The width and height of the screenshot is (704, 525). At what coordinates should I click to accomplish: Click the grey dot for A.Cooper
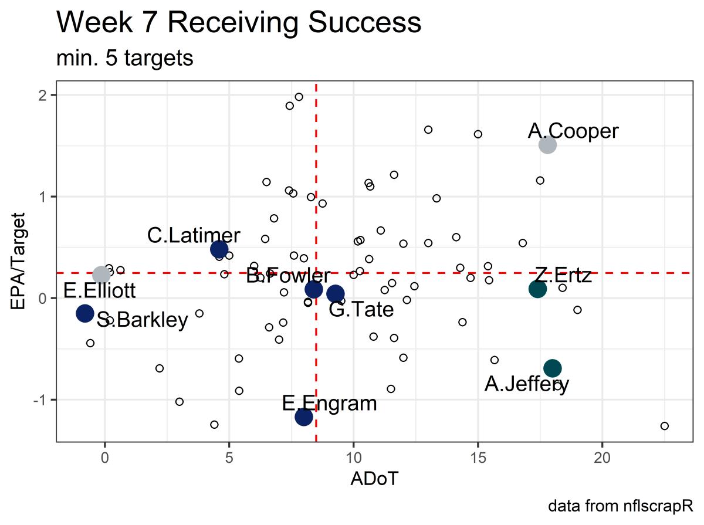tap(547, 144)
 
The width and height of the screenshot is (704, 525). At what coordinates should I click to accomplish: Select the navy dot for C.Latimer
tap(219, 249)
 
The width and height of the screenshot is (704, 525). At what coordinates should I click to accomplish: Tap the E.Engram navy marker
tap(303, 416)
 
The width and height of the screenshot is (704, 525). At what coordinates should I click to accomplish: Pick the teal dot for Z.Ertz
tap(537, 289)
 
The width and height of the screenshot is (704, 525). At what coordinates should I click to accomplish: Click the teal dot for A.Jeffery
tap(553, 368)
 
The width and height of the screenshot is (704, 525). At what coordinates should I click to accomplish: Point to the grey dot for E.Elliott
tap(101, 275)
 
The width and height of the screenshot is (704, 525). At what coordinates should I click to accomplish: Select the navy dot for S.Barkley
tap(85, 313)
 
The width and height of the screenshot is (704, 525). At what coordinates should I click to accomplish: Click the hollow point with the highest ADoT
tap(664, 426)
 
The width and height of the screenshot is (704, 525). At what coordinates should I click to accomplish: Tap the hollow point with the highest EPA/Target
tap(299, 97)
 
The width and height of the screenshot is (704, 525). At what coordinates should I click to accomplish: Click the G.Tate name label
tap(361, 309)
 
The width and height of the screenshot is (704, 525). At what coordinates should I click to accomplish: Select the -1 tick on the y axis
tap(42, 399)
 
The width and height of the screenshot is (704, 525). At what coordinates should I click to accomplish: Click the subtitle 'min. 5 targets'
tap(125, 59)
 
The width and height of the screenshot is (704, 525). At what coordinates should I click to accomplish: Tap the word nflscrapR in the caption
tap(660, 506)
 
